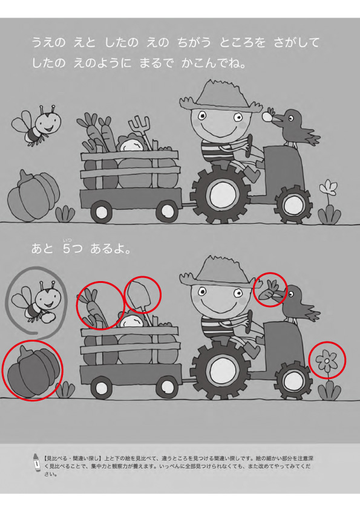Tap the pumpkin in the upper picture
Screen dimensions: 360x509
click(33, 196)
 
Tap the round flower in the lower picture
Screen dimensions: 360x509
click(327, 361)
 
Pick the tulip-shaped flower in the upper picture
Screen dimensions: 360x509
click(329, 188)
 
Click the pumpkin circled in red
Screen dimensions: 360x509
click(33, 372)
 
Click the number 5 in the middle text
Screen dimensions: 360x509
click(67, 249)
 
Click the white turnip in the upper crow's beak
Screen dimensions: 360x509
click(267, 116)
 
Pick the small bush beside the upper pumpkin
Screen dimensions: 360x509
click(65, 214)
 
